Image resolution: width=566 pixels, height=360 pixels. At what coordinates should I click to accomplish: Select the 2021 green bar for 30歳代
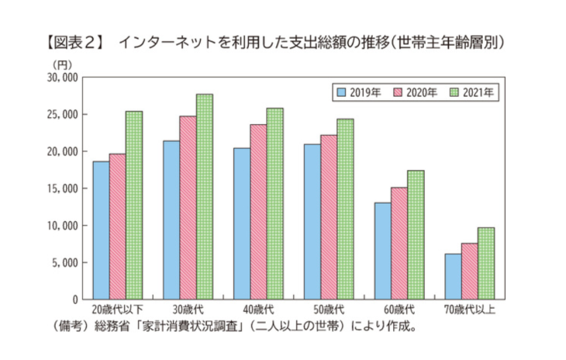click(204, 197)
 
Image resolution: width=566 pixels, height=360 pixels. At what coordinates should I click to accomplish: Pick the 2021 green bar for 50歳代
click(345, 209)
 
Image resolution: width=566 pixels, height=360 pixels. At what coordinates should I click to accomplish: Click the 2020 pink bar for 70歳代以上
click(468, 272)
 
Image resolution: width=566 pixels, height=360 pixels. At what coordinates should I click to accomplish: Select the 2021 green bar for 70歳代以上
click(485, 264)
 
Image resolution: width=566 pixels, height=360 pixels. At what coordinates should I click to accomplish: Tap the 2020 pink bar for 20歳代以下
click(117, 227)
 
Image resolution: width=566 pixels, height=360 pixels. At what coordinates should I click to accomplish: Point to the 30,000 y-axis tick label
click(62, 78)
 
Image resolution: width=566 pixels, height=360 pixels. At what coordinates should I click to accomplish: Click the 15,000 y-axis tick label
click(62, 189)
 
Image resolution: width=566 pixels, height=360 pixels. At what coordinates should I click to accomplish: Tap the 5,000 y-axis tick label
click(64, 263)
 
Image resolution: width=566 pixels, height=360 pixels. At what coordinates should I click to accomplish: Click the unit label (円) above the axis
click(62, 64)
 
